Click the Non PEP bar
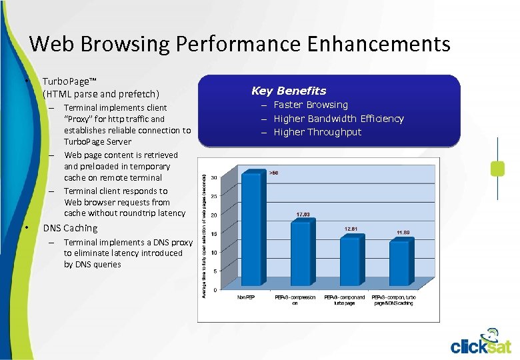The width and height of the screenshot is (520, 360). [x=253, y=230]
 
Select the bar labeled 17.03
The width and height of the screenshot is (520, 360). [x=301, y=255]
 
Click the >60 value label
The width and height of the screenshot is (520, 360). [x=273, y=173]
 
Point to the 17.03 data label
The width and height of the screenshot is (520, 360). [x=303, y=215]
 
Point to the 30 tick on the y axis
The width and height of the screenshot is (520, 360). [x=213, y=177]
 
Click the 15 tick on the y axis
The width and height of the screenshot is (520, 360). [x=213, y=233]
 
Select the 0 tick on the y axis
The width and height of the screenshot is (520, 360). [x=215, y=290]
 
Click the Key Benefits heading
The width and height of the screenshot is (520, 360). [x=289, y=91]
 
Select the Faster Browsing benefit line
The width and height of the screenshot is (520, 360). [x=311, y=105]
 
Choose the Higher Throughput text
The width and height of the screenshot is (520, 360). [x=317, y=132]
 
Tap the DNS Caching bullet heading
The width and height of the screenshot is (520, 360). [x=70, y=228]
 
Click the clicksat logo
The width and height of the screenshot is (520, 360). [x=481, y=341]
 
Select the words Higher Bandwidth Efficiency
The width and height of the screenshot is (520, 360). [x=339, y=119]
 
